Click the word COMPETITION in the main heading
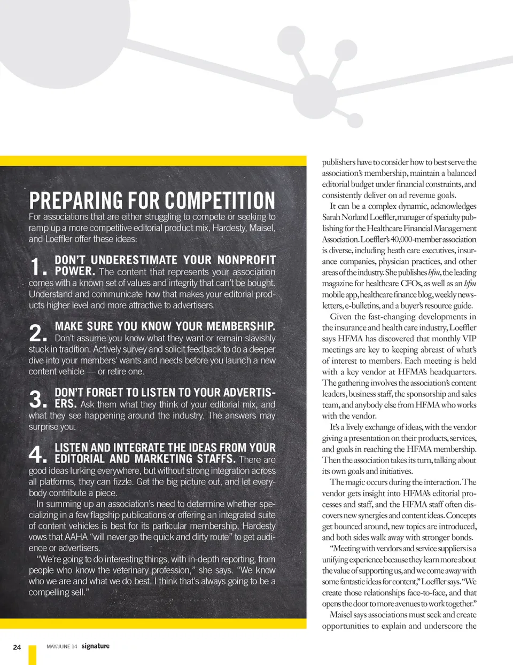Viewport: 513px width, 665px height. pos(220,200)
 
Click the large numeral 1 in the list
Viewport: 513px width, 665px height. pos(36,267)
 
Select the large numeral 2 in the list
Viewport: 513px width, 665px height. pos(36,333)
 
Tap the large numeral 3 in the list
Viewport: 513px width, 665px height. pos(36,399)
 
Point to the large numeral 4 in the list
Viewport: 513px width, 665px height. pos(36,454)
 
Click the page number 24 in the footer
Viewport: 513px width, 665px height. pos(17,647)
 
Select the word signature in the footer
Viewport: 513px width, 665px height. pos(96,646)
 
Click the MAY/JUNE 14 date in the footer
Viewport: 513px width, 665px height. pos(62,647)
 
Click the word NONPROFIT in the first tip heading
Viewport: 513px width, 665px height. pos(246,260)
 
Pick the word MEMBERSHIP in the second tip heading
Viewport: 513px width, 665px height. pos(240,326)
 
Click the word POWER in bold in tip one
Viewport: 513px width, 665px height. pos(74,271)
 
